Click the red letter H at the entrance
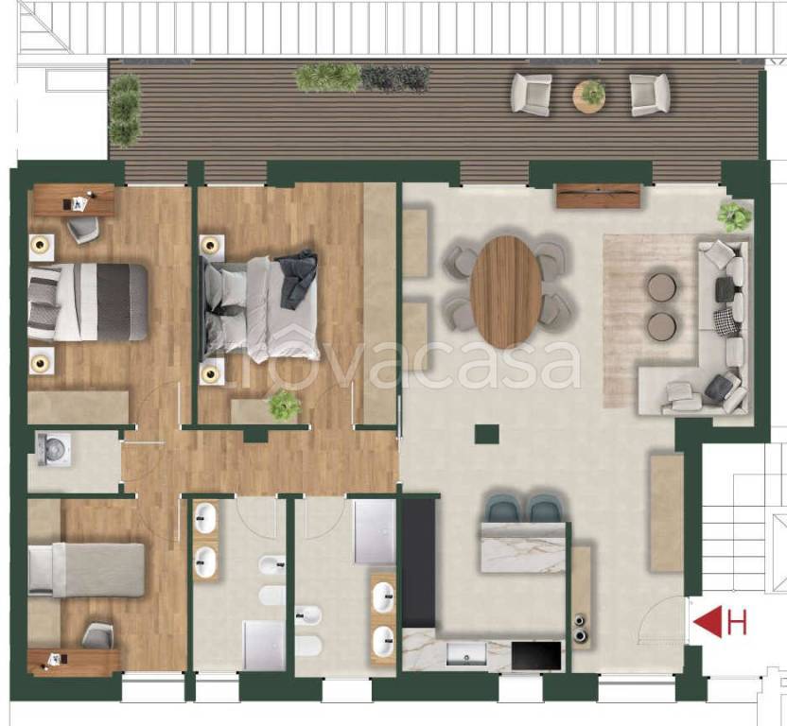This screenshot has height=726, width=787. point(738,622)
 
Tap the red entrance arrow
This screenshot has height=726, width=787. point(708,622)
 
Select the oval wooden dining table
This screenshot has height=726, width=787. point(506,292)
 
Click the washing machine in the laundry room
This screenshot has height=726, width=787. point(54,450)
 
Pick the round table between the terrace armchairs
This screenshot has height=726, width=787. point(589,95)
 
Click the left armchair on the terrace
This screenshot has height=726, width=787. point(532,95)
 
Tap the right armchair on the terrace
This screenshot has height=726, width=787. point(650,95)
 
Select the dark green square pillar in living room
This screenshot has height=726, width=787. point(487,434)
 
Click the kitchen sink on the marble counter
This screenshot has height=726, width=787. point(466,654)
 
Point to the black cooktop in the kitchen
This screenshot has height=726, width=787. point(536,655)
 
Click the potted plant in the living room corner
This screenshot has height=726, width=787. point(735,216)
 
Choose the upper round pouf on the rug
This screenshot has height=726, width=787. point(662,287)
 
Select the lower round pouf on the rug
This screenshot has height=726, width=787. point(662,326)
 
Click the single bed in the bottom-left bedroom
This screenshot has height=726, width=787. point(86,570)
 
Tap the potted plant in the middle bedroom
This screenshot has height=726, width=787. point(284,406)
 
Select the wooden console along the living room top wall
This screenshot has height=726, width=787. point(599,196)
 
